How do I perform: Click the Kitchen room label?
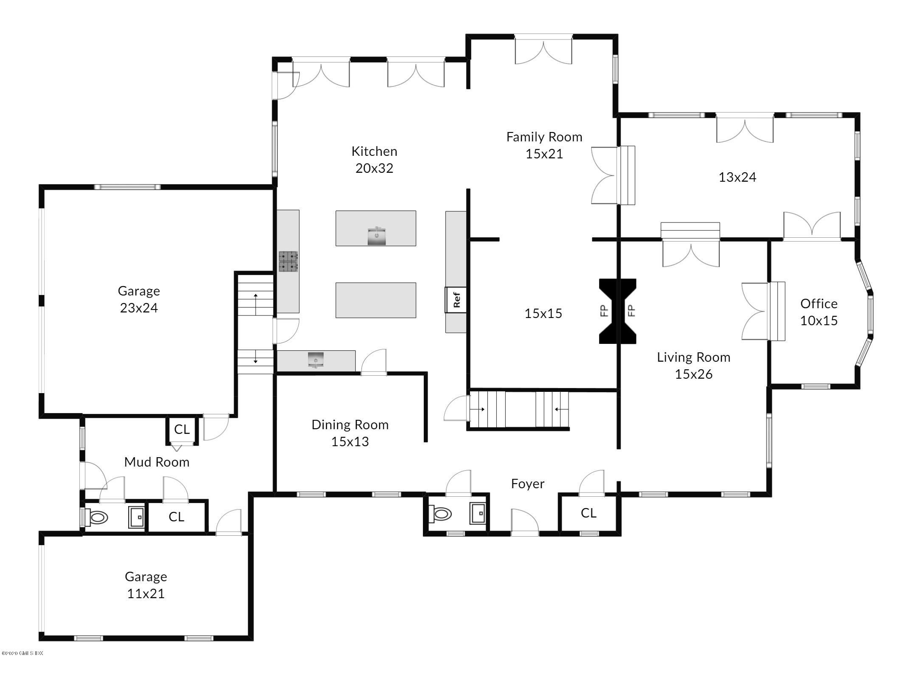coord(374,151)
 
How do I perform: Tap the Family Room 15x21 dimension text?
coord(544,154)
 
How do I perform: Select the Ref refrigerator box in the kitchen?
coord(456,300)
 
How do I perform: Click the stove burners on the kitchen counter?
coord(288,262)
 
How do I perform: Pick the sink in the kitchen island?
coord(376,236)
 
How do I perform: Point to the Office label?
coord(819,304)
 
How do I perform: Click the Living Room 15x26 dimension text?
coord(694,374)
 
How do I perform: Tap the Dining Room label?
coord(350,425)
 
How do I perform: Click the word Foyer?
coord(527,484)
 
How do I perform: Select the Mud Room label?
coord(157,462)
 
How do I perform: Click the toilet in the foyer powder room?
coord(440,515)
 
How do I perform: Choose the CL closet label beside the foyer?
coord(588,513)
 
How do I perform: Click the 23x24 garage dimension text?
coord(139,308)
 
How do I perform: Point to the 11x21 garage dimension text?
coord(146,593)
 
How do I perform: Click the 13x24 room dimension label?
coord(737,177)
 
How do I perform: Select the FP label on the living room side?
coord(631,311)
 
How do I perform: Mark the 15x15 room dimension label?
coord(543,313)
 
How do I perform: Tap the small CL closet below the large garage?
coord(182,429)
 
